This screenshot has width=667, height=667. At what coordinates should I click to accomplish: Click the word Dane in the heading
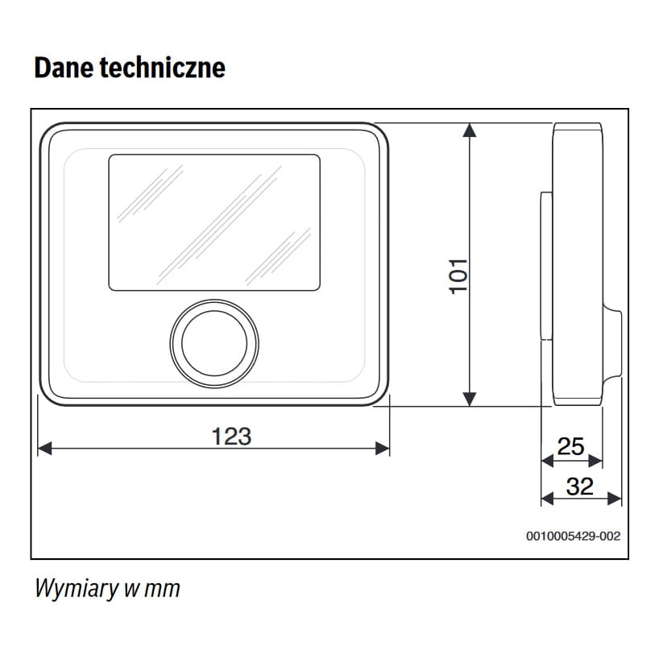coord(62,68)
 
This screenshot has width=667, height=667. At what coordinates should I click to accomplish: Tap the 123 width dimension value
coord(231,437)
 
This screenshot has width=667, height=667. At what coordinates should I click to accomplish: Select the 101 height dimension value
coord(458,275)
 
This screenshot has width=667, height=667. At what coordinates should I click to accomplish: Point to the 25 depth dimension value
coord(570,446)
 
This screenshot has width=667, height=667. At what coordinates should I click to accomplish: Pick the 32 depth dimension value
coord(579,487)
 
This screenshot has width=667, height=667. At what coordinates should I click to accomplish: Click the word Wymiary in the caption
coord(77,588)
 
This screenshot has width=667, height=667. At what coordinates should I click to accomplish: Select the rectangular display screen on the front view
coord(214,222)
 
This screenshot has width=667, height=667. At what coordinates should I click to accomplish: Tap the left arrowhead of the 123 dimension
coord(45,448)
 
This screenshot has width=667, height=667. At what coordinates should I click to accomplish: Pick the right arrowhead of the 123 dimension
coord(383,448)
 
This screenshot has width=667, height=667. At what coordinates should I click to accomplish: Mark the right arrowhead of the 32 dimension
coord(615,499)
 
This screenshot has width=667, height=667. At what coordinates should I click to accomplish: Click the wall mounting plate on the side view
coord(546,266)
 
